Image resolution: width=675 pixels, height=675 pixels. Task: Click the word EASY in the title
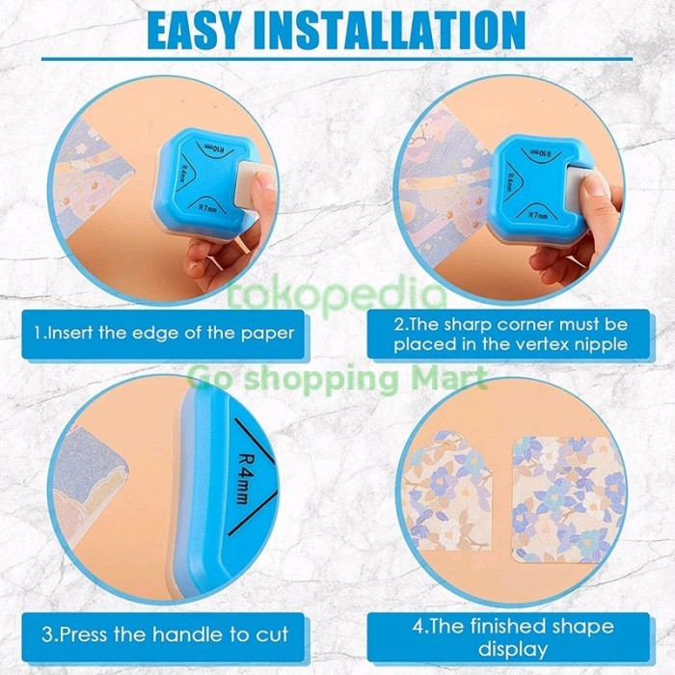[x=193, y=31]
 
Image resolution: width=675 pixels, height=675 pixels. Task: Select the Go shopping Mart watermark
[x=337, y=379]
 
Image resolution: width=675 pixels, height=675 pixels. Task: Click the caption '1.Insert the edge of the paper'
[x=164, y=334]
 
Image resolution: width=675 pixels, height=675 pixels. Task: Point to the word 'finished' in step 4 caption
[x=510, y=626]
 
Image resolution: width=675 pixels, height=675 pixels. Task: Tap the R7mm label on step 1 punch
[x=208, y=208]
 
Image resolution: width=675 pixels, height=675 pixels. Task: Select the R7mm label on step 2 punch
[x=538, y=214]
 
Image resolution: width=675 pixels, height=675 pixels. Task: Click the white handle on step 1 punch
[x=250, y=181]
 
